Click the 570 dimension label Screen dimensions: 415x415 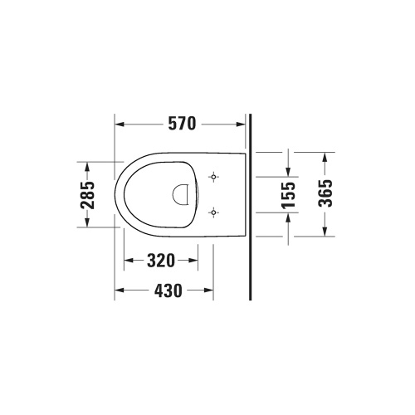point(180,124)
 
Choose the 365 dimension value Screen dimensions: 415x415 point(325,193)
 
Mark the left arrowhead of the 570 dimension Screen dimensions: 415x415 point(119,124)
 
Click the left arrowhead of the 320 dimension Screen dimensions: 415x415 point(129,261)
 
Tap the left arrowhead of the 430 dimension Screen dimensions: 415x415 point(119,290)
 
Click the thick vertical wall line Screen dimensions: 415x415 point(248,249)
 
